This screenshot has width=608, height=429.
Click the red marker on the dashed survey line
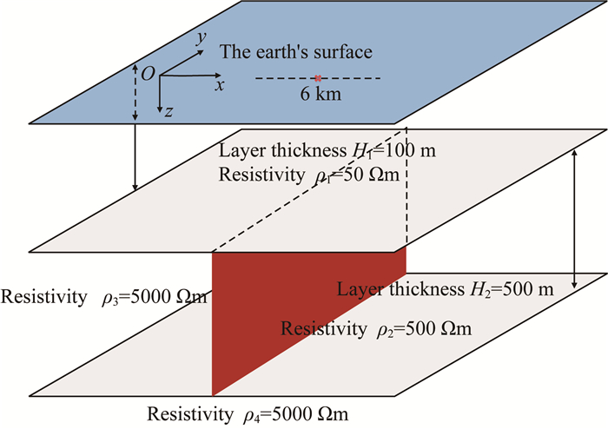coord(319,78)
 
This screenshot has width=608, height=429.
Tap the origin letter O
coord(148,76)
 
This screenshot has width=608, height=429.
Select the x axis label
coord(221,86)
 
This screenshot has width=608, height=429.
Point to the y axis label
coord(202,37)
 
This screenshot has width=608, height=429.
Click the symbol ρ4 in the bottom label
coord(251,413)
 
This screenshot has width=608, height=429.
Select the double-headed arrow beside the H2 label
coord(574,217)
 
